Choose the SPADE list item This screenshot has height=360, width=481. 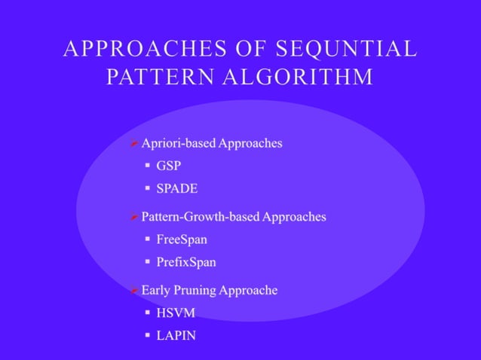(176, 188)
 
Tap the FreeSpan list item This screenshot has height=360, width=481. (182, 239)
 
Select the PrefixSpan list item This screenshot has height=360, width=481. (186, 262)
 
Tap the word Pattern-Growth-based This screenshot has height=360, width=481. (201, 217)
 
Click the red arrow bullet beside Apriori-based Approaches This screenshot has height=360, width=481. (133, 144)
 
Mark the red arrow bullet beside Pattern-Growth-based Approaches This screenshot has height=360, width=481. (133, 218)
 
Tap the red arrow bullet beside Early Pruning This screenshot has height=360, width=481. (133, 291)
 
